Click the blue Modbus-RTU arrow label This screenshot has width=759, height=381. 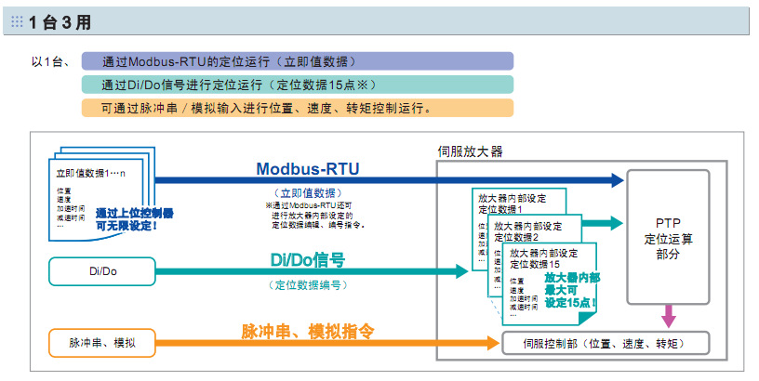click(x=307, y=168)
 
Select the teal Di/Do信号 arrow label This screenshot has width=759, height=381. click(x=307, y=260)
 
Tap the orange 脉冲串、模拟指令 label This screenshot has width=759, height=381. click(x=308, y=331)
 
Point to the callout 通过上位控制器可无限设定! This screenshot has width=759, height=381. click(x=133, y=218)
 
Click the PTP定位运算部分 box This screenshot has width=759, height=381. click(x=668, y=238)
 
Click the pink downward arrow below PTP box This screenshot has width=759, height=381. click(x=668, y=316)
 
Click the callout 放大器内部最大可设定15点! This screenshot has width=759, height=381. click(x=571, y=290)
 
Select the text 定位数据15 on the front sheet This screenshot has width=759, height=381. click(x=537, y=265)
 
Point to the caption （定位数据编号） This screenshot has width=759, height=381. click(x=307, y=284)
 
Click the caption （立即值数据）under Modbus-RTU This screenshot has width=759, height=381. click(x=307, y=190)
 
